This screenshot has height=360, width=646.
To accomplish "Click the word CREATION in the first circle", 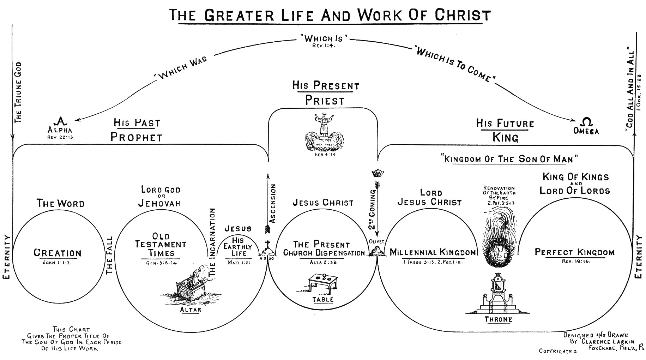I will (58, 253).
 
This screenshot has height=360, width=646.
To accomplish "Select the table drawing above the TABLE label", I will (323, 282).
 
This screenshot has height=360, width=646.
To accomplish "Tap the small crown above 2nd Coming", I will (378, 173).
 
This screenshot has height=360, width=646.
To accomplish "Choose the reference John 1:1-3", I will (57, 263).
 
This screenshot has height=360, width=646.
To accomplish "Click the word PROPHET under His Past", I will (137, 137).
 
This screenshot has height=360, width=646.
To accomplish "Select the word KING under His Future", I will (505, 137).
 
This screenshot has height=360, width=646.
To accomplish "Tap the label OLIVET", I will (377, 242).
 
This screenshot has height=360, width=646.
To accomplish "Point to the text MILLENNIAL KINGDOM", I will (433, 253).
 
